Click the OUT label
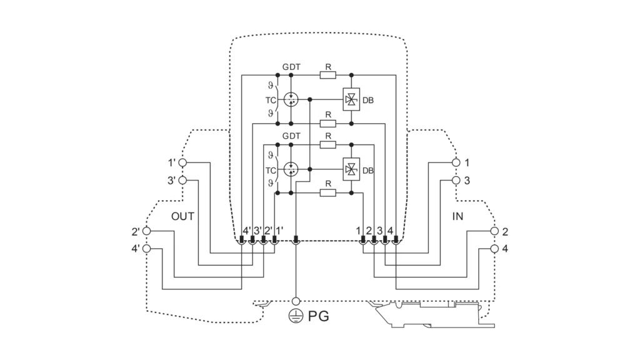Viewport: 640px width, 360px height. (x=182, y=216)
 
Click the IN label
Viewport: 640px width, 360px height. (x=457, y=216)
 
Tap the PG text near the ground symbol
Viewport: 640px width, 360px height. (x=318, y=316)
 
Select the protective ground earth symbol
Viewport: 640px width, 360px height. (x=296, y=316)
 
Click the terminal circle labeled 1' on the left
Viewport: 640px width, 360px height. (x=183, y=162)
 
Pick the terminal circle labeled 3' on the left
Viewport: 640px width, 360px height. (x=183, y=180)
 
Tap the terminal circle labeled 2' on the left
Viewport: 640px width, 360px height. (x=146, y=231)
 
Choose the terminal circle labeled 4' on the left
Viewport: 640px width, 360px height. (x=146, y=248)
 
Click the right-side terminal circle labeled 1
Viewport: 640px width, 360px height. (x=456, y=162)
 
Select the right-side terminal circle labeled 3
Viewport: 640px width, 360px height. (x=456, y=180)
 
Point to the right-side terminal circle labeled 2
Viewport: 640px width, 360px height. (x=494, y=231)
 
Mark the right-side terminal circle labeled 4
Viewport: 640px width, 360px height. (x=494, y=248)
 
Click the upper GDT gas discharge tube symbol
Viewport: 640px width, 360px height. (x=291, y=99)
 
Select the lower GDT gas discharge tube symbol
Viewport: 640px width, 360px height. (x=291, y=169)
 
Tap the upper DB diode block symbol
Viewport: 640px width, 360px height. (x=351, y=99)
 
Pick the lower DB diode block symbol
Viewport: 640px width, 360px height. (x=351, y=169)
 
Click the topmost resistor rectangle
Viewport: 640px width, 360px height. (x=327, y=75)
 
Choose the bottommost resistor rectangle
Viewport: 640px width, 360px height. (x=327, y=192)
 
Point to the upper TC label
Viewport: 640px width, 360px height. (x=271, y=100)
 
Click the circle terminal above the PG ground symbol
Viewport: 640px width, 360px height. (x=296, y=301)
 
